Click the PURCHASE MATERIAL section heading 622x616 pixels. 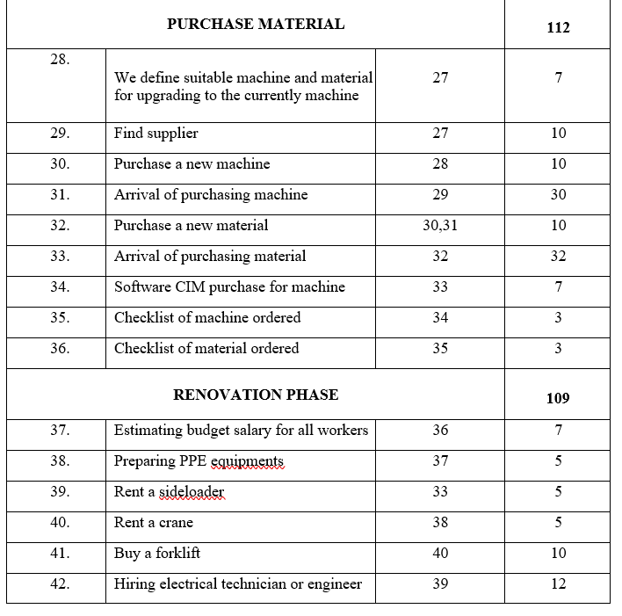point(256,24)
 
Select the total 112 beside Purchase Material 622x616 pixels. point(558,27)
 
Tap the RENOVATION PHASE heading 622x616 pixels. point(256,395)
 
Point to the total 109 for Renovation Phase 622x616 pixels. point(558,398)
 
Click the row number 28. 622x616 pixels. point(61,59)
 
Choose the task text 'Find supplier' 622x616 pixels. point(156,134)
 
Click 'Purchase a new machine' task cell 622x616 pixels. point(192,164)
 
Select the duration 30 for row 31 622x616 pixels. point(558,195)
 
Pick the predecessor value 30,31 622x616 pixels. point(440,226)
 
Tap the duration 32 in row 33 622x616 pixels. point(558,257)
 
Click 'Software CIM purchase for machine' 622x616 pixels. point(229,287)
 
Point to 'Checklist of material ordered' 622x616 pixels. point(206,349)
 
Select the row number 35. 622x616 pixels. point(61,318)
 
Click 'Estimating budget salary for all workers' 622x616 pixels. point(241,431)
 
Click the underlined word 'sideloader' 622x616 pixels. point(192,492)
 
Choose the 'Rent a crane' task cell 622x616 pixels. point(154,523)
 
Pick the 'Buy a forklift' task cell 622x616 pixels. point(157,554)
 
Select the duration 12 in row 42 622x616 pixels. point(558,584)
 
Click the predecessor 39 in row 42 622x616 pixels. point(440,584)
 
